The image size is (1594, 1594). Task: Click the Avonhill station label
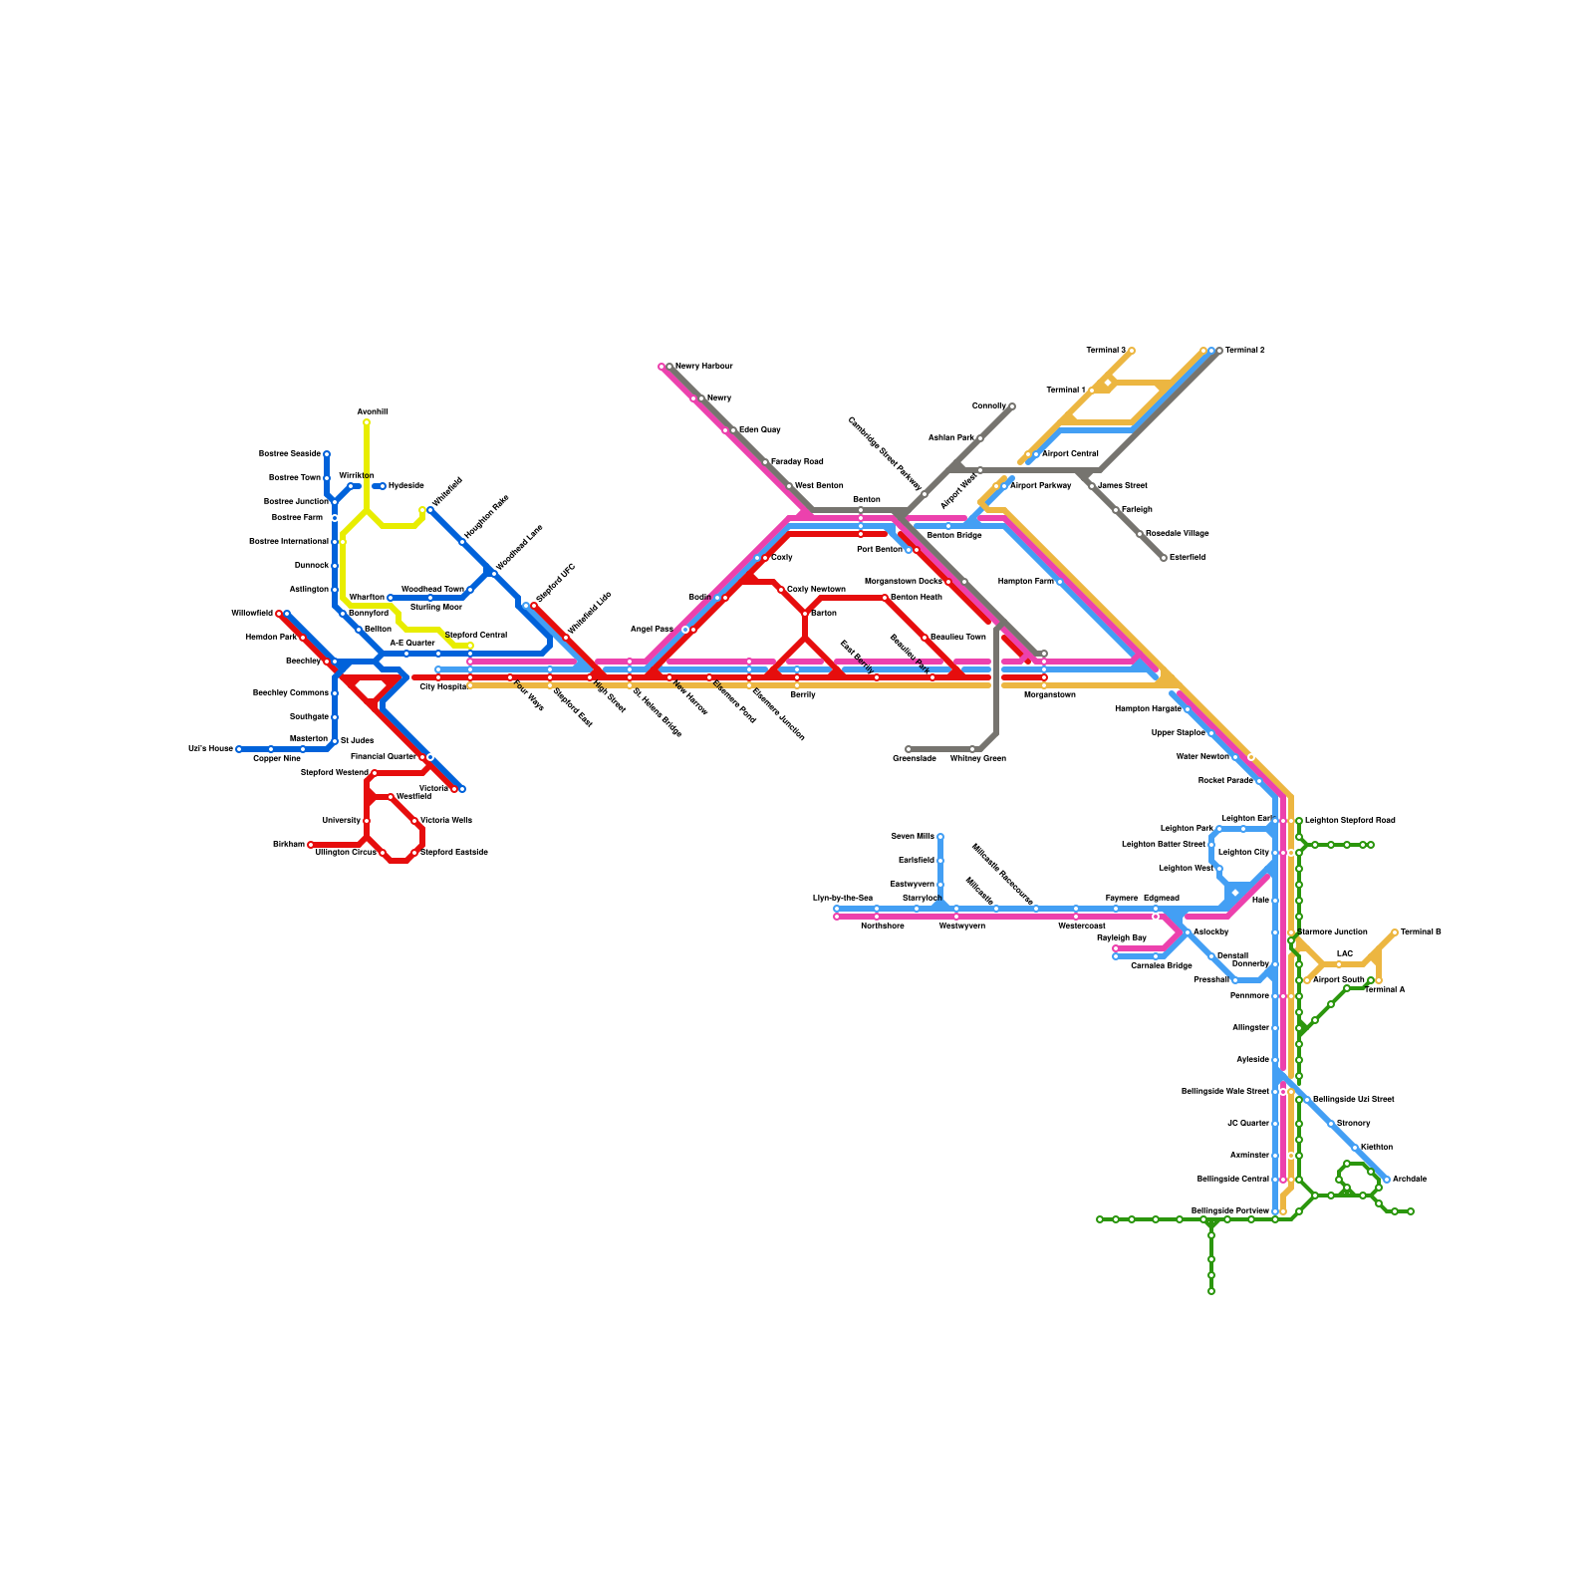(x=372, y=411)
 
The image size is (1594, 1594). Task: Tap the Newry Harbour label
(x=703, y=367)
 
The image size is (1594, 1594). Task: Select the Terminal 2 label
(x=1244, y=351)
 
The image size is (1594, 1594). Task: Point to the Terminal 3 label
(x=1105, y=351)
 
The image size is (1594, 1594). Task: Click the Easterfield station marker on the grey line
(x=1164, y=558)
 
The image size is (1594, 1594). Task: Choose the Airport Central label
(x=1070, y=454)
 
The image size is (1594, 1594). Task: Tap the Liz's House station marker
(x=239, y=749)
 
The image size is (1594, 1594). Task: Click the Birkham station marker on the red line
(x=311, y=845)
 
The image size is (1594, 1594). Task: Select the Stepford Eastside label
(x=453, y=853)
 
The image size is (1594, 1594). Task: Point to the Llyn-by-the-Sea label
(x=842, y=899)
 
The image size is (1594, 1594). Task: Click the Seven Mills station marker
(x=940, y=837)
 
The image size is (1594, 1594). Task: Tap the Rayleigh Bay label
(x=1121, y=938)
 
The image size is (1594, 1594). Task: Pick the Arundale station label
(x=1409, y=1180)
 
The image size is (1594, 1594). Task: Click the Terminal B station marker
(x=1395, y=932)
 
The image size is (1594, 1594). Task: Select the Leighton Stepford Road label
(x=1350, y=821)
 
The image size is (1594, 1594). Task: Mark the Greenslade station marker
(x=909, y=749)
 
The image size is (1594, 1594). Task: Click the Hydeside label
(x=405, y=486)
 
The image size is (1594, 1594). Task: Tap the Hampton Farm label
(x=1025, y=582)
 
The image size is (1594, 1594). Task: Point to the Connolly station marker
(x=1012, y=406)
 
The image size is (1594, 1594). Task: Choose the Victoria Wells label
(x=445, y=821)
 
